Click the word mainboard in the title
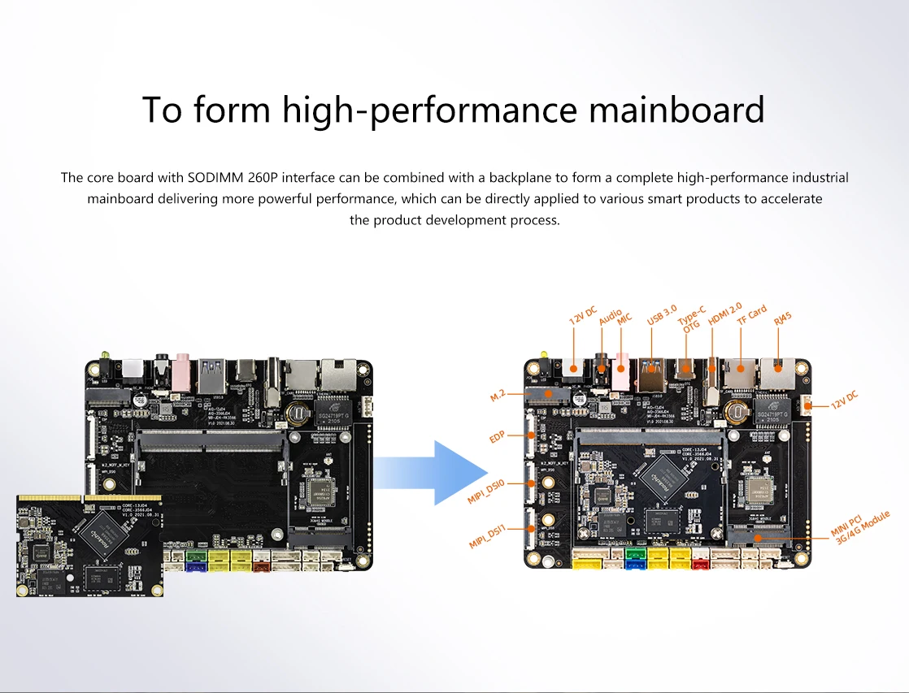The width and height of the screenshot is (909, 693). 676,110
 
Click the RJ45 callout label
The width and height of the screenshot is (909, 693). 782,318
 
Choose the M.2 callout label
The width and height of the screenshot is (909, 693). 498,395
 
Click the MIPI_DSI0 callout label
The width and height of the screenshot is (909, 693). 486,492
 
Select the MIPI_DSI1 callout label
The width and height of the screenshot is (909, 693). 488,537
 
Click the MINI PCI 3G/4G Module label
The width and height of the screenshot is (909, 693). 861,529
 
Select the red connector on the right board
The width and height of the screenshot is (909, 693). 699,561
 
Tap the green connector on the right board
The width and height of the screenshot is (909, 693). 636,555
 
